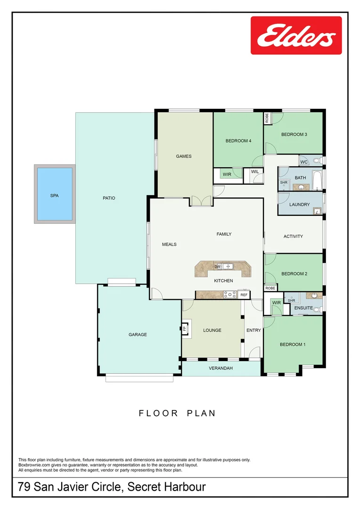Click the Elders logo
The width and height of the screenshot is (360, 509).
tap(296, 35)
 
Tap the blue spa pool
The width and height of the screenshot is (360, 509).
tap(54, 194)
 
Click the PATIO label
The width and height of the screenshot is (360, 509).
tap(109, 198)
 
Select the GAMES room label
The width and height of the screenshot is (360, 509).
tap(184, 156)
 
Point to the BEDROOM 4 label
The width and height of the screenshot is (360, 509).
tap(238, 140)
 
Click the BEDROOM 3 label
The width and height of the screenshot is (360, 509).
tap(294, 134)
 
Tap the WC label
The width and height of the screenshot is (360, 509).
tap(304, 162)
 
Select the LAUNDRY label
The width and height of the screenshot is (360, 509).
tap(300, 205)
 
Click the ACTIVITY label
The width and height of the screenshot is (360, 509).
tap(293, 236)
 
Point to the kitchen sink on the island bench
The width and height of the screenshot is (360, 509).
tap(228, 267)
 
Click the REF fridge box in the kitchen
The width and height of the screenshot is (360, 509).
tap(244, 295)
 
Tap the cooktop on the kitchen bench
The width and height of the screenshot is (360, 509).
tap(230, 295)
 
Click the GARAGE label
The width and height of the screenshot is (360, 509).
tap(138, 335)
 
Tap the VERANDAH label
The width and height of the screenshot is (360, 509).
tap(221, 368)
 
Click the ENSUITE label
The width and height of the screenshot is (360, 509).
tap(303, 308)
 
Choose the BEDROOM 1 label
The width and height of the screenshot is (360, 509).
tap(293, 344)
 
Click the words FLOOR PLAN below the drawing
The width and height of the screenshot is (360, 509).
tap(177, 413)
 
